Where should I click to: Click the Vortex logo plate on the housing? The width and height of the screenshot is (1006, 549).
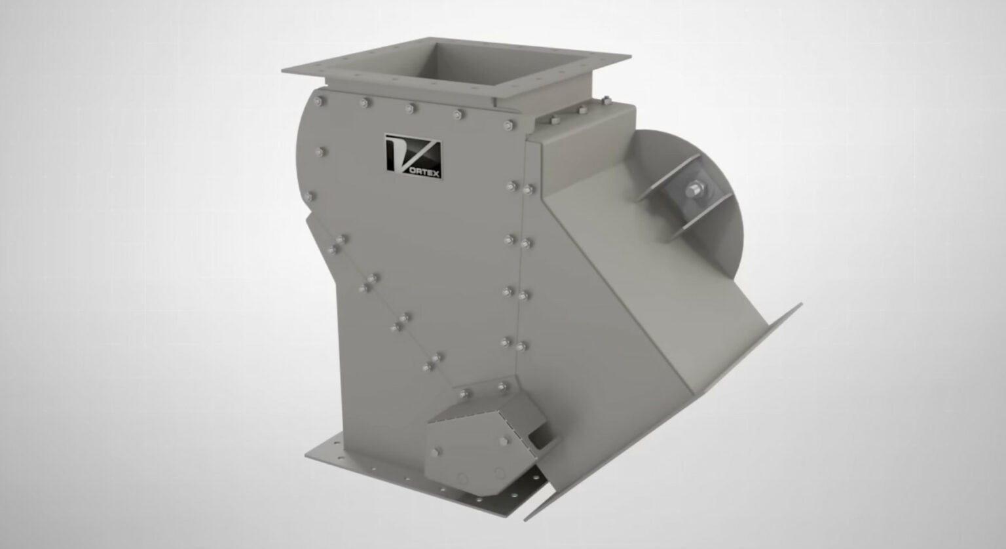pyautogui.click(x=413, y=157)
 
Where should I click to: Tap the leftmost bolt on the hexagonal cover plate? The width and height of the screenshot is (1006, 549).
pyautogui.click(x=436, y=452)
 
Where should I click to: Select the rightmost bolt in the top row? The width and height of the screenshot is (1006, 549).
pyautogui.click(x=508, y=124)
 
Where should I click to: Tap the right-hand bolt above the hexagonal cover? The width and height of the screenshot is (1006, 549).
pyautogui.click(x=502, y=387)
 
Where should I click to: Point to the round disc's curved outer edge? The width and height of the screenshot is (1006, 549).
pyautogui.click(x=742, y=197)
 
